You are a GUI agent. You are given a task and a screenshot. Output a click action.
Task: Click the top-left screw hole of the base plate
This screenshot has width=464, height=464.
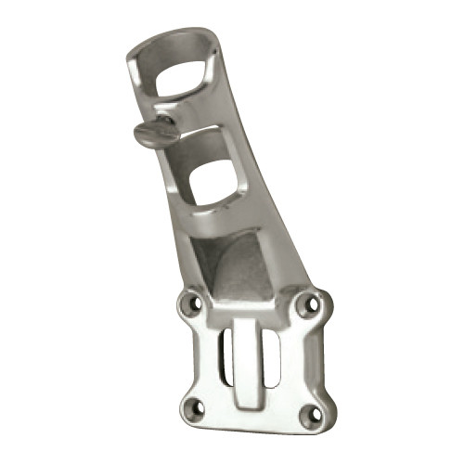point(192,303)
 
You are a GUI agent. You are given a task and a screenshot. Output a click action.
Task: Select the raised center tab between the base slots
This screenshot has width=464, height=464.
point(246,357)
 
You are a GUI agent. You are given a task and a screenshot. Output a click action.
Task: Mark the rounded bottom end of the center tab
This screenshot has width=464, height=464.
point(245,401)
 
